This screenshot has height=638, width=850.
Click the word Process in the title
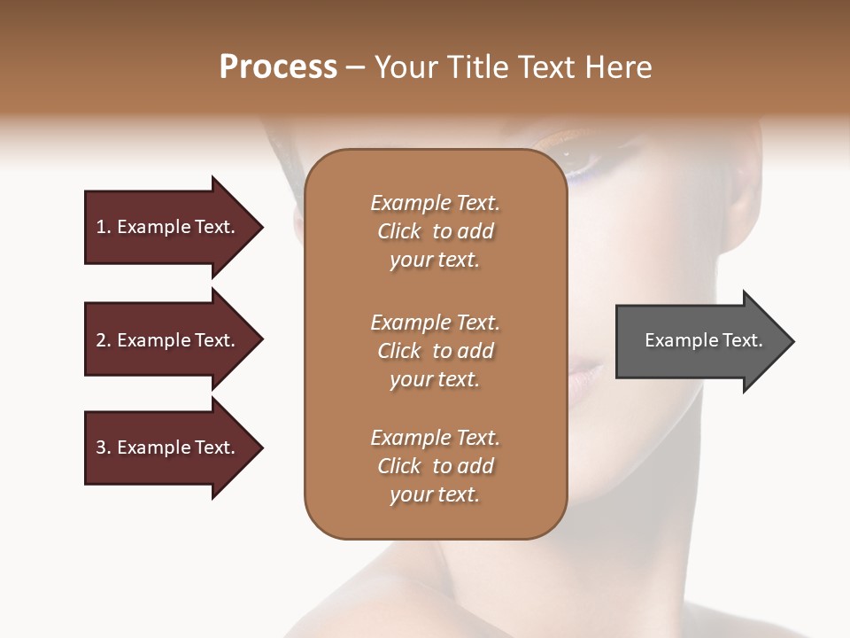(278, 67)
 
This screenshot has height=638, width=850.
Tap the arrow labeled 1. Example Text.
(168, 227)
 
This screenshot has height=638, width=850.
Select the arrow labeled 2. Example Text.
(168, 340)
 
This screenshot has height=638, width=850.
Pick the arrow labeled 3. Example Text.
(168, 447)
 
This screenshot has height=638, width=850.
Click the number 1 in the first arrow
(100, 227)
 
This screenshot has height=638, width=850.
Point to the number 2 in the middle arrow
(101, 340)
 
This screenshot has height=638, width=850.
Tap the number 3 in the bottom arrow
(101, 447)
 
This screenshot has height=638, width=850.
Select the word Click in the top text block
(399, 231)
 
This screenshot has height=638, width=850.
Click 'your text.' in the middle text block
(435, 379)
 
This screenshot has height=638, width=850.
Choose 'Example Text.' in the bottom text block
(435, 438)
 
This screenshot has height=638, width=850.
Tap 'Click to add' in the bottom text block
(435, 466)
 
